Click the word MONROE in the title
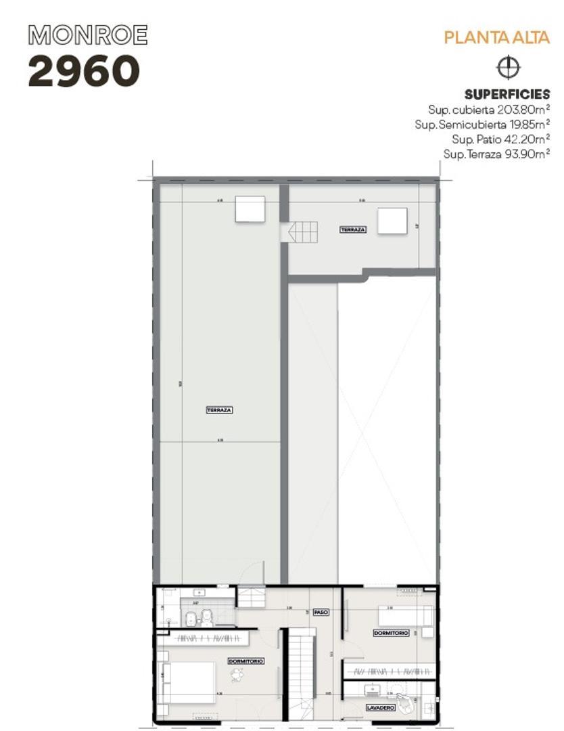tap(87, 35)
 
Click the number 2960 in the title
tap(84, 71)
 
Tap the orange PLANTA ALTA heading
tap(496, 37)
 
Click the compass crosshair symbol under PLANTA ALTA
tap(508, 68)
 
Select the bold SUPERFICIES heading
tap(507, 95)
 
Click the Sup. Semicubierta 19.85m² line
tap(482, 124)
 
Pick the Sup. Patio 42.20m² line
tap(500, 139)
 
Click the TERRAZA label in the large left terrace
tap(219, 410)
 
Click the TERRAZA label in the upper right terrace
tap(353, 230)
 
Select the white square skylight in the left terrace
tap(250, 208)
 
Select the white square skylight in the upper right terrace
tap(392, 221)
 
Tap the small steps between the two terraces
tap(302, 232)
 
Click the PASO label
tap(321, 612)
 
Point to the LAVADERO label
tap(380, 707)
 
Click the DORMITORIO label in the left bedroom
tap(245, 661)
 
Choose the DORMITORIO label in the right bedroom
tap(391, 633)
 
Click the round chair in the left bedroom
tap(237, 675)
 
